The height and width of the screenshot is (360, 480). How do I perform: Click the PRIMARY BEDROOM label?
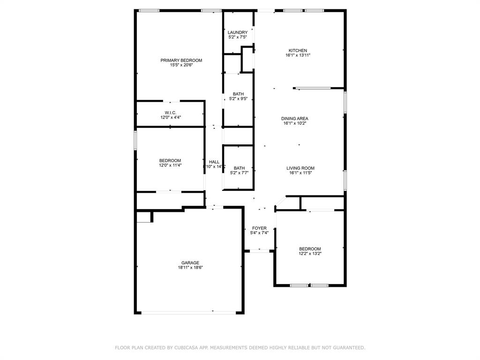click(181, 60)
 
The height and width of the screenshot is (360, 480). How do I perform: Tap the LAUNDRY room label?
click(237, 32)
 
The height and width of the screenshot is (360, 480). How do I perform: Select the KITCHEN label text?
click(298, 51)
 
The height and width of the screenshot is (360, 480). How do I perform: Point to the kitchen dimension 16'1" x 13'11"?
click(298, 55)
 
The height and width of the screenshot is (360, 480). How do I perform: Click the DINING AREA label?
click(294, 119)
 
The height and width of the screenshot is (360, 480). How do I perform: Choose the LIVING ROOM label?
click(300, 168)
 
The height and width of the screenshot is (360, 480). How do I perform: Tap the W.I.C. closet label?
click(170, 112)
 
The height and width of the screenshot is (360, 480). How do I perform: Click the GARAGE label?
click(190, 263)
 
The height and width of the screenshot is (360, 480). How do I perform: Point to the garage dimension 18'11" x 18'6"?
click(190, 268)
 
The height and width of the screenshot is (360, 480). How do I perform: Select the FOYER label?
click(259, 228)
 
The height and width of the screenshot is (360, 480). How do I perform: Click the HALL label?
click(214, 162)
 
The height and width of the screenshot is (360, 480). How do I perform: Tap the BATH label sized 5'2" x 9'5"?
click(238, 94)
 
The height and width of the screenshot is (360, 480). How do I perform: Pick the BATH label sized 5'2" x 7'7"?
click(239, 168)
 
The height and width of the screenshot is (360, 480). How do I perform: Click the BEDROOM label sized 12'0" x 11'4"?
click(170, 160)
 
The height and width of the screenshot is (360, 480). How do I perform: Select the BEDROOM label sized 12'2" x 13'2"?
click(310, 249)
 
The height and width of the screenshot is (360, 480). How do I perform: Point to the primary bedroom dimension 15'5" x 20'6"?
click(181, 65)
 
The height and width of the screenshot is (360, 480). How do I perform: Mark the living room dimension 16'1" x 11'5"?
click(300, 173)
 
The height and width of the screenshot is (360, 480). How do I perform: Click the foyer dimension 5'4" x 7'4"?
click(259, 233)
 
